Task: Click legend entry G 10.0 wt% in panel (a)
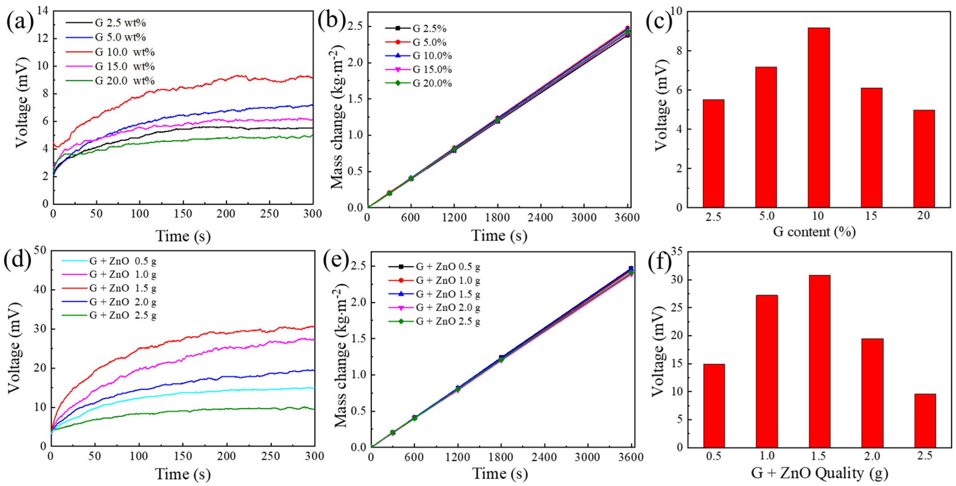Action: pos(124,52)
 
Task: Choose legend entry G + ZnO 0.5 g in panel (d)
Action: pos(122,261)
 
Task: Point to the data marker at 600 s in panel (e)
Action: pos(415,418)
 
